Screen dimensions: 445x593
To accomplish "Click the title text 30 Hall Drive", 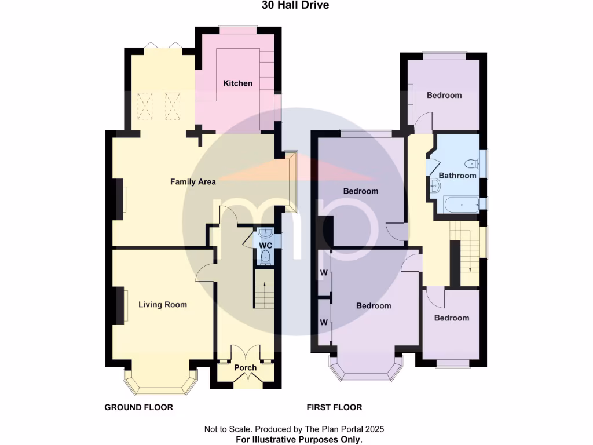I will (x=296, y=5).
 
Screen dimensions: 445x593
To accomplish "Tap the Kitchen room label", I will (x=238, y=83).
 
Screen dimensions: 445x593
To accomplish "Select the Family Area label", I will (x=193, y=182).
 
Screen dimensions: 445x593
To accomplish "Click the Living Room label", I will (x=163, y=305).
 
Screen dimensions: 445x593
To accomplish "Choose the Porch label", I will (x=245, y=368).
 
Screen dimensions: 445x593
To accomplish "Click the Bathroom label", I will (x=457, y=176).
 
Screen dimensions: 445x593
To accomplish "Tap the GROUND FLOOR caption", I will (x=138, y=407).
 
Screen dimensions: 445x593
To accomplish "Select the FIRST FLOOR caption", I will (x=334, y=407).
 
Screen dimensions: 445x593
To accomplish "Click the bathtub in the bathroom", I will (x=460, y=204).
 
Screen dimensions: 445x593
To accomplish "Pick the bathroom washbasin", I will (x=435, y=185).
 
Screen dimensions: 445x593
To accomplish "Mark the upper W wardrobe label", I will (x=324, y=272).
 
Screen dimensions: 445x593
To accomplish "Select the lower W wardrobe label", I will (x=324, y=322).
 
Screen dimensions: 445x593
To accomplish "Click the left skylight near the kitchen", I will (x=146, y=105).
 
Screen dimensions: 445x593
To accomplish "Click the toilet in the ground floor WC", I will (x=266, y=257).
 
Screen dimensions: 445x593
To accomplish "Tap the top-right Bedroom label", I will (x=444, y=96).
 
